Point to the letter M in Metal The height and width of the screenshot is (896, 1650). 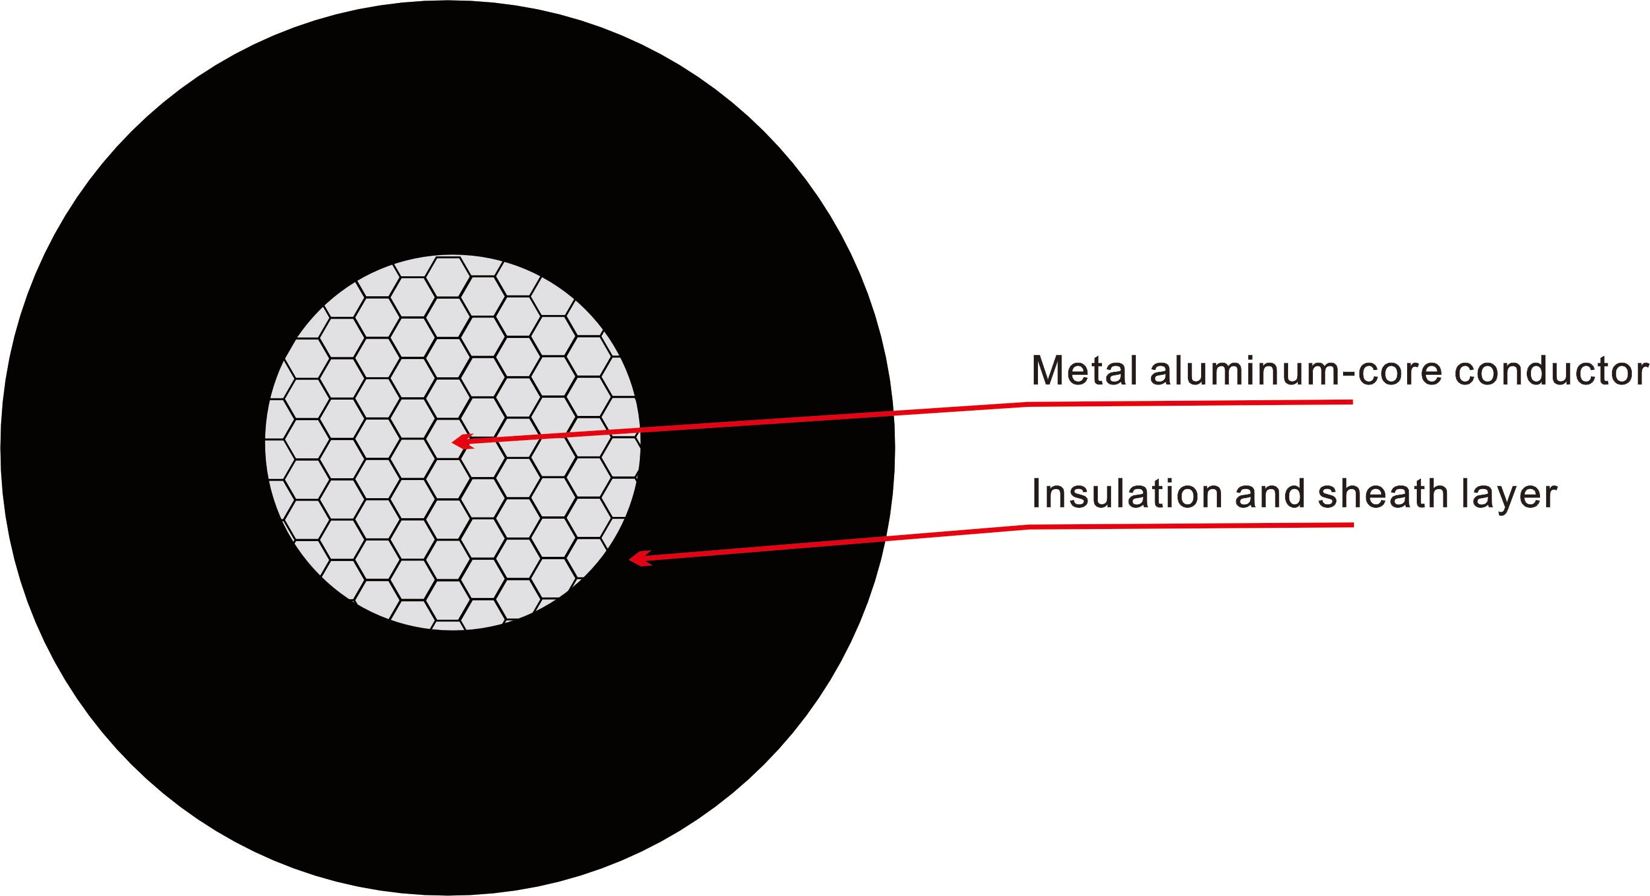pyautogui.click(x=1048, y=371)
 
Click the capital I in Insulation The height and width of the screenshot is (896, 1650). pyautogui.click(x=1036, y=493)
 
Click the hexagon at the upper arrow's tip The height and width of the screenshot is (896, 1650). pyautogui.click(x=448, y=439)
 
